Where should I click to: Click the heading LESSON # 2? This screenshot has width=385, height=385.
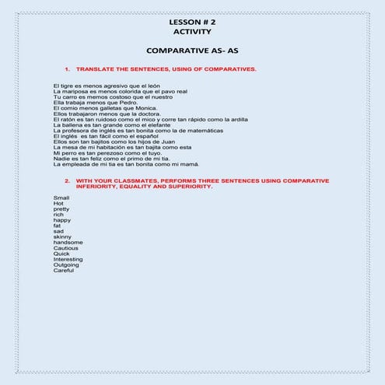192,23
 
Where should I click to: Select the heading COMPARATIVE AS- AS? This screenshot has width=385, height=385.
192,50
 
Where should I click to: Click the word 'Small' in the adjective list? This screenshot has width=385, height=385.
61,198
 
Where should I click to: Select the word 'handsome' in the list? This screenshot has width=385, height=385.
68,242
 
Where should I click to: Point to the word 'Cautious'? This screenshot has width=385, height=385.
66,248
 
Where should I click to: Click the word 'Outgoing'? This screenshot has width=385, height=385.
67,264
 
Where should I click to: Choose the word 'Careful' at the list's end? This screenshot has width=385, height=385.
65,270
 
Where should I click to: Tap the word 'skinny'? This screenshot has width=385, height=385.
62,236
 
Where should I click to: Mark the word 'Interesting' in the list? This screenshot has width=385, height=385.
68,259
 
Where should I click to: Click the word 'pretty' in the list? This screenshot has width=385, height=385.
61,208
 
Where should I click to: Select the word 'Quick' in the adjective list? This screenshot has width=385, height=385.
61,254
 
